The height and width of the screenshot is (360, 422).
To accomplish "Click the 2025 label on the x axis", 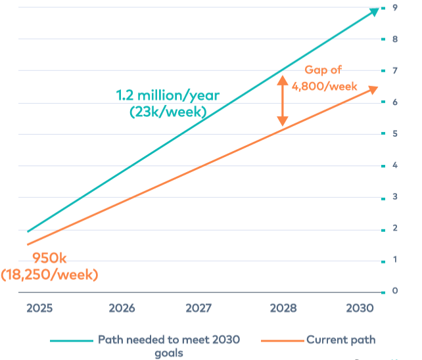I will pos(39,308).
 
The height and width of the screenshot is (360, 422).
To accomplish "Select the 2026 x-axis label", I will pos(122,308).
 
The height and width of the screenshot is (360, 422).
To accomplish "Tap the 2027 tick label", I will pos(199,308).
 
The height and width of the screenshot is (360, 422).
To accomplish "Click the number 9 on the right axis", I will pos(394,8).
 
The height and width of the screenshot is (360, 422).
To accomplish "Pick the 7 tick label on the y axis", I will pos(394,70).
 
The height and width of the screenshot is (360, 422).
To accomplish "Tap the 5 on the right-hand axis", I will pos(394,133).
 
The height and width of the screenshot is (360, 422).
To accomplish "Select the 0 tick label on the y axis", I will pos(394,291).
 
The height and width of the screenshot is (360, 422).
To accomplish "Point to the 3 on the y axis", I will pos(394,196).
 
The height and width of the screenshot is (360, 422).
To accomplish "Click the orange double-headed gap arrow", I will pos(282,101).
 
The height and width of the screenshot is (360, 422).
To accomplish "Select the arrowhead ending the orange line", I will pos(373,89).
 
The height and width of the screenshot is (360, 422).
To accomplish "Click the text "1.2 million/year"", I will pos(168,96).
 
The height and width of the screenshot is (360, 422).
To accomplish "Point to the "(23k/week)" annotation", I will pos(168,112).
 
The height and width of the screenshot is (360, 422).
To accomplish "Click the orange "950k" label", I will pos(50,258).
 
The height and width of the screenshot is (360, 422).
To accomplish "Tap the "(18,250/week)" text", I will pos(50,274).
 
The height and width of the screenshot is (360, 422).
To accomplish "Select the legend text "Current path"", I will pos(340,340).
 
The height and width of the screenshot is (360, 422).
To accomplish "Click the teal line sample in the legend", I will pos(71,340).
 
